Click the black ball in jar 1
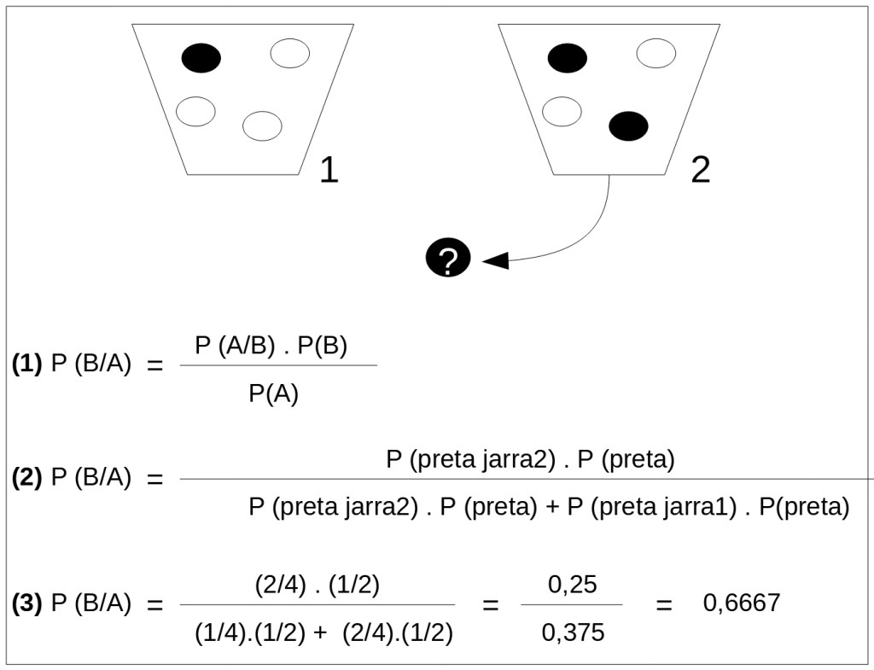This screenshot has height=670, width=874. point(201,58)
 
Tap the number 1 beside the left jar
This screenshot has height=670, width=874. point(329,170)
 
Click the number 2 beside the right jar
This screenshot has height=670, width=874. point(700,170)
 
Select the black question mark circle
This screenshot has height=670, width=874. point(448,259)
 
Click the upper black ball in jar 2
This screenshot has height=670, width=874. point(568,58)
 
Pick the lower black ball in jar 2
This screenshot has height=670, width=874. point(628,126)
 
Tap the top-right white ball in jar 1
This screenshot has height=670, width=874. point(290,54)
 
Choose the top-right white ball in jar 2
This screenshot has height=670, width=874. point(656,54)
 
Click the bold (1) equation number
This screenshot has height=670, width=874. point(27,364)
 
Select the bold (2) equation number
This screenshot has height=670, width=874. point(27,478)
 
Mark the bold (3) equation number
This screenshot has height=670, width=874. point(27,603)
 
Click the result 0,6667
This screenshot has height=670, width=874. point(742,603)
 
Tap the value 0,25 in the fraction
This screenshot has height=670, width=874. point(572,586)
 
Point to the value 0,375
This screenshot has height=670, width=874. point(572,632)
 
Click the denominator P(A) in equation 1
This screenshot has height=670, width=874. point(273,395)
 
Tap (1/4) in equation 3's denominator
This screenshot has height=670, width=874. point(218,632)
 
